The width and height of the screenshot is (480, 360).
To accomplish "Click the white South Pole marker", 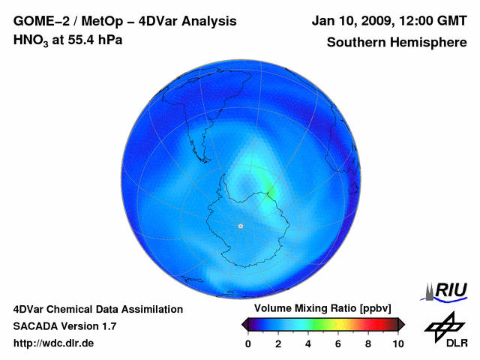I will click(x=240, y=226).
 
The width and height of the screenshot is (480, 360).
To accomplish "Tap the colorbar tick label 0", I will click(x=248, y=343).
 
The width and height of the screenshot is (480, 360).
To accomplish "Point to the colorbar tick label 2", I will click(x=278, y=343).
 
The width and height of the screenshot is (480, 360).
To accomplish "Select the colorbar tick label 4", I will click(x=308, y=343).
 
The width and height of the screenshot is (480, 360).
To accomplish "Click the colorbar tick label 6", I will click(x=338, y=343).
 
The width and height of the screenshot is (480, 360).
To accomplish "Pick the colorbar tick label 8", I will click(x=368, y=343).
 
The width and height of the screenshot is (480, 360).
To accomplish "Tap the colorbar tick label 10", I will click(x=397, y=343).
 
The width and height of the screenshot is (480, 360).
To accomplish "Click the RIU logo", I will click(x=446, y=290).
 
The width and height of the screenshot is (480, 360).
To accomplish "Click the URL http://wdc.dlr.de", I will click(x=53, y=343).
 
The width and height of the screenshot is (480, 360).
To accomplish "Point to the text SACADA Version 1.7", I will click(x=64, y=326).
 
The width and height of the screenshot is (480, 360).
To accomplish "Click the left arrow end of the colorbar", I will click(x=244, y=324).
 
